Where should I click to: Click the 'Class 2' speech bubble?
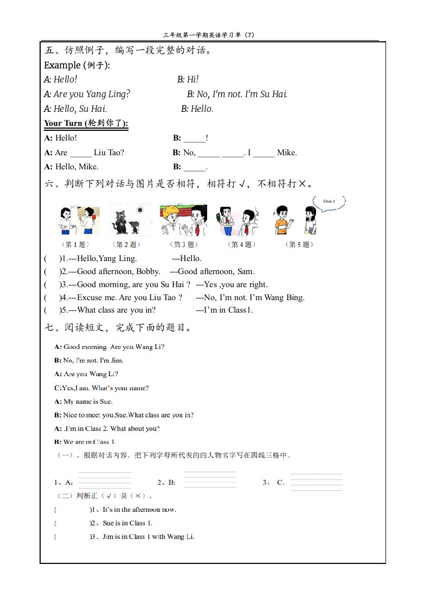click(329, 201)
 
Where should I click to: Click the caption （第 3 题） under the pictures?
click(183, 245)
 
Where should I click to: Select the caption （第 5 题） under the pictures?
click(299, 245)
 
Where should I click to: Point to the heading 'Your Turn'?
click(63, 123)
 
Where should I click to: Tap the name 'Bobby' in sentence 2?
click(148, 271)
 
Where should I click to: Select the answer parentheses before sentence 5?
click(53, 310)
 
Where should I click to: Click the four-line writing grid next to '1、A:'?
click(105, 480)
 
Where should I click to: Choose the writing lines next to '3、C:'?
click(316, 482)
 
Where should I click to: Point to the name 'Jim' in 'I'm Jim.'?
click(117, 360)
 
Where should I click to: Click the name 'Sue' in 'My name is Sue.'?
click(105, 402)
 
